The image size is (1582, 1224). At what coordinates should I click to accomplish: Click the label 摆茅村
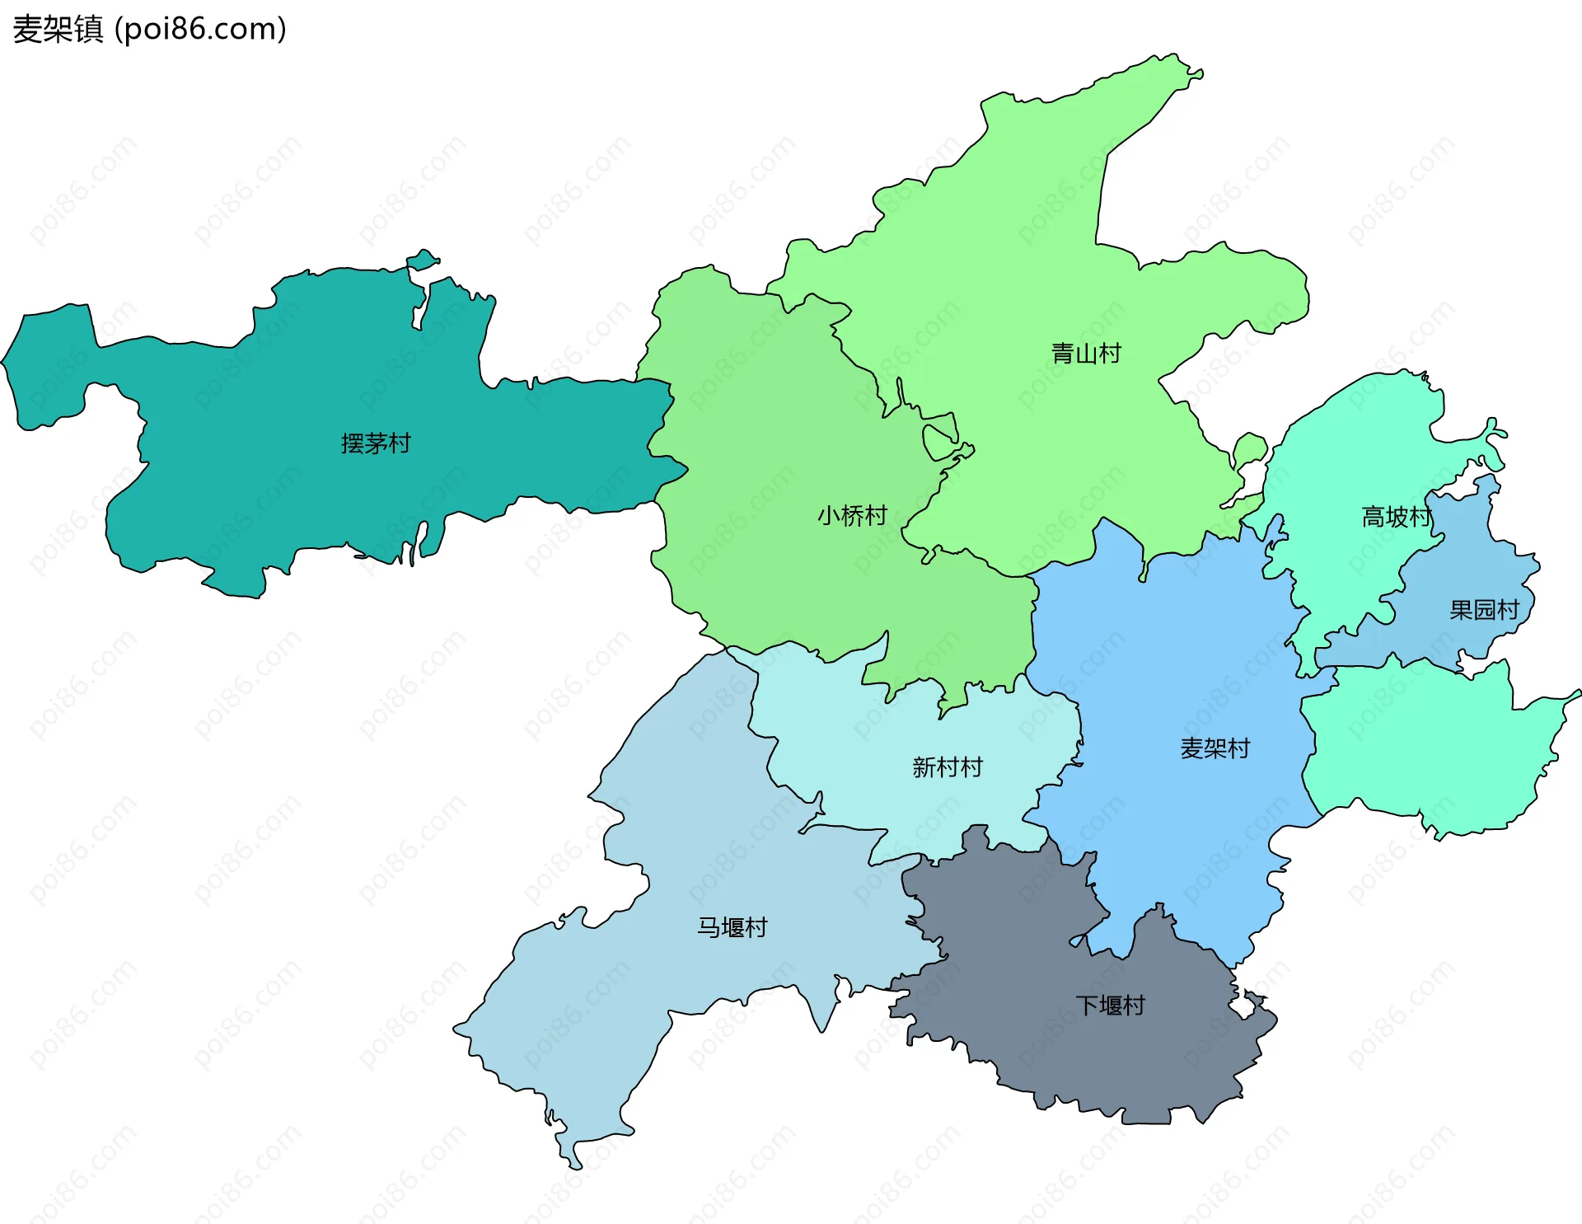(x=376, y=443)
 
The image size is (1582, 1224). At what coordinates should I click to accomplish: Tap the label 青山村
(x=1086, y=354)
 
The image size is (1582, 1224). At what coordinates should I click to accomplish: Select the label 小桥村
(x=852, y=516)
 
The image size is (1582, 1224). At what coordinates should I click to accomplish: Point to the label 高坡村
(x=1397, y=517)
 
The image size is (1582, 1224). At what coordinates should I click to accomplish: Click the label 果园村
(x=1484, y=610)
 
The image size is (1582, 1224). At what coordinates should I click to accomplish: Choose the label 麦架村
(x=1215, y=748)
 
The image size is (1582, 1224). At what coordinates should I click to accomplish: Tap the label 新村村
(x=948, y=767)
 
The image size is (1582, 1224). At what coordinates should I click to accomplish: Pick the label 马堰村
(x=732, y=927)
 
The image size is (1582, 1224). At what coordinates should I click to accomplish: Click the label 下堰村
(x=1110, y=1006)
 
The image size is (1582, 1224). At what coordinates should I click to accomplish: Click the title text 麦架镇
(x=58, y=29)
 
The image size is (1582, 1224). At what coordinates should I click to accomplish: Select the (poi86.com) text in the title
(x=200, y=29)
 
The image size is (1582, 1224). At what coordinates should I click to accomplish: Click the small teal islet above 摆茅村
(x=423, y=261)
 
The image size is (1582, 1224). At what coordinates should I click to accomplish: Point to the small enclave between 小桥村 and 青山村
(x=939, y=441)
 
